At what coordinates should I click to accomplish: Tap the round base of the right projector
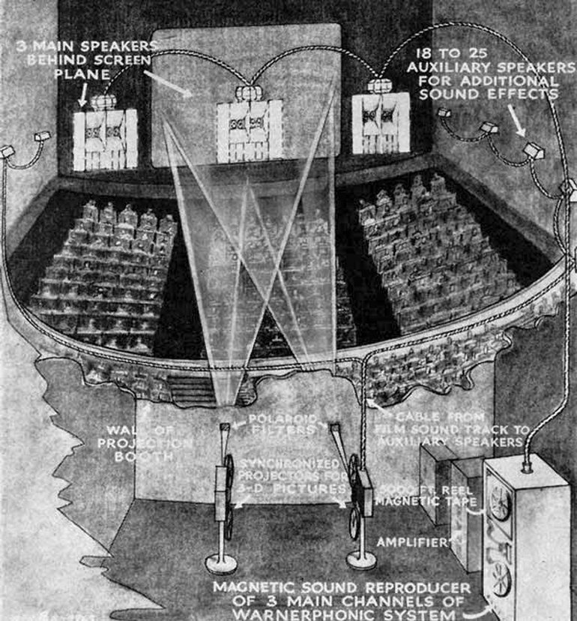[363, 559]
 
